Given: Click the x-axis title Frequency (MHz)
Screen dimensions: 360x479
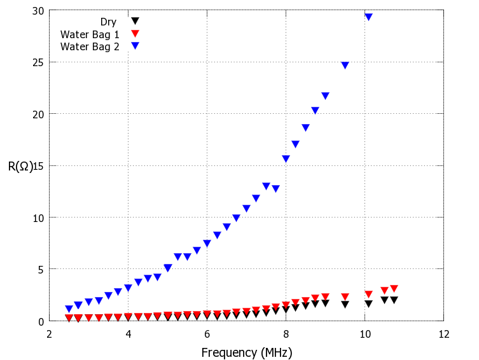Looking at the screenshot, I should pos(247,352).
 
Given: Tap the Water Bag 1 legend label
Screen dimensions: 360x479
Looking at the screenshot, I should pos(90,34).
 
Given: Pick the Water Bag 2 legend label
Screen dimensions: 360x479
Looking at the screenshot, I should pos(90,46).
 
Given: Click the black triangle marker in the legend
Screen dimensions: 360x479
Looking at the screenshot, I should pos(135,21).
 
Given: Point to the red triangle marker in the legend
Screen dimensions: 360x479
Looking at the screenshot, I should pos(135,34).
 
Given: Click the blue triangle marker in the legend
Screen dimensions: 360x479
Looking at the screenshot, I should pos(135,46).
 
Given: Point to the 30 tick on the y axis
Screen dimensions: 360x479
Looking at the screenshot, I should pos(38,11).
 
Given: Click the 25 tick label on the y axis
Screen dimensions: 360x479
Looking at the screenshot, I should pos(38,62).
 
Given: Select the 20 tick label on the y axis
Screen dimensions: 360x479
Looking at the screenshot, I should pos(38,114).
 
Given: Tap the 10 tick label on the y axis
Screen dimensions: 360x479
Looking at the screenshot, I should pos(38,218).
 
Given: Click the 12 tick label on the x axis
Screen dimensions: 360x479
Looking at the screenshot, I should pos(443,334).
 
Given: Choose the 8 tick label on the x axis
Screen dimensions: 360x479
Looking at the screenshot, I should pos(286,334).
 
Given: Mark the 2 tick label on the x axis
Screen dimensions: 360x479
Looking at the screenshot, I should pos(50,334).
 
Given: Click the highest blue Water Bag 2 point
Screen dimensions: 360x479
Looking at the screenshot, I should pos(368,17).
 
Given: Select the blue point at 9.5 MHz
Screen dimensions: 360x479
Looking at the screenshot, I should pos(345,66).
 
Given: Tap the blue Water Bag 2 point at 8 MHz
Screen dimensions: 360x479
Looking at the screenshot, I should pos(286,159).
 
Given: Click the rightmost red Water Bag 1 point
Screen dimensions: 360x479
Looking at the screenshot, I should pos(394,289).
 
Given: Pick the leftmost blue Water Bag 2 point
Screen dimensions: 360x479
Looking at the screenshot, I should pos(69,309).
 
